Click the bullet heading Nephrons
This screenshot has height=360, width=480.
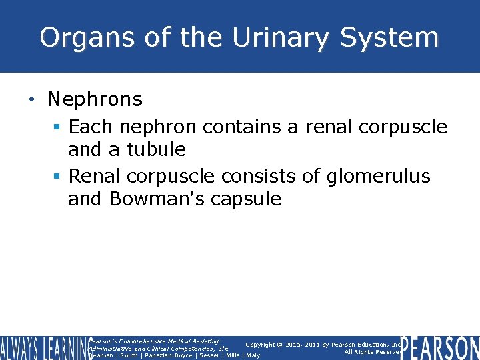[95, 100]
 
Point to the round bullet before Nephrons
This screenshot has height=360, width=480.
[31, 100]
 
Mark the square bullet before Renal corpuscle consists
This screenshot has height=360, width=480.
[59, 177]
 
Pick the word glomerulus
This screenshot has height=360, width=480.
[379, 177]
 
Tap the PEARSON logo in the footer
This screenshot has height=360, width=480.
[440, 347]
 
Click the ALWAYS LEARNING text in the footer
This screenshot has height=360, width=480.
[44, 347]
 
